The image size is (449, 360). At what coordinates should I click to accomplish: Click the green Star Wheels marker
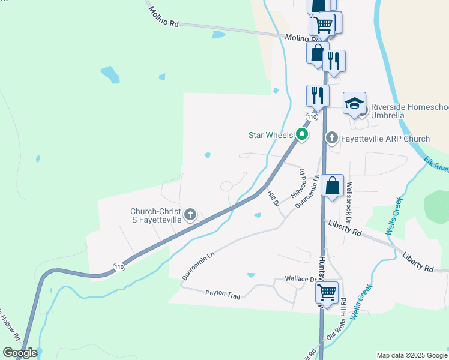coord(303,135)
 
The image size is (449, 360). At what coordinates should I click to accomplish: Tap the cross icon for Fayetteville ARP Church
coord(331,139)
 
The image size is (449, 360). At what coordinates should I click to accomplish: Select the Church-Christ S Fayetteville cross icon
coord(190,214)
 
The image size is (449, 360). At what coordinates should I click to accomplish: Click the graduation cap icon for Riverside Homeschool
coord(354,103)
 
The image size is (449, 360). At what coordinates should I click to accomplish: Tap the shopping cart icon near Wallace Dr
coord(327,292)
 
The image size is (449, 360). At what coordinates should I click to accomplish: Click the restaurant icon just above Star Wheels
coord(317,95)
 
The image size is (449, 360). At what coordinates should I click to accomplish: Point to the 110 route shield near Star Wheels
coord(310,116)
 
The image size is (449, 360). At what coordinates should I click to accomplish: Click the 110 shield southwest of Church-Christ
coord(119,266)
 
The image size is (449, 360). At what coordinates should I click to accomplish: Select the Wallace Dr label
coord(300,279)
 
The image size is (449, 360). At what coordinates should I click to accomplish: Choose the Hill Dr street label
coord(273,199)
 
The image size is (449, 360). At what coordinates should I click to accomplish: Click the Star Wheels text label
coord(271,135)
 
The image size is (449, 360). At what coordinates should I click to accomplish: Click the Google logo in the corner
coord(20,353)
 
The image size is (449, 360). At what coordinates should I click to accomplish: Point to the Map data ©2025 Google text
coord(412,355)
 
